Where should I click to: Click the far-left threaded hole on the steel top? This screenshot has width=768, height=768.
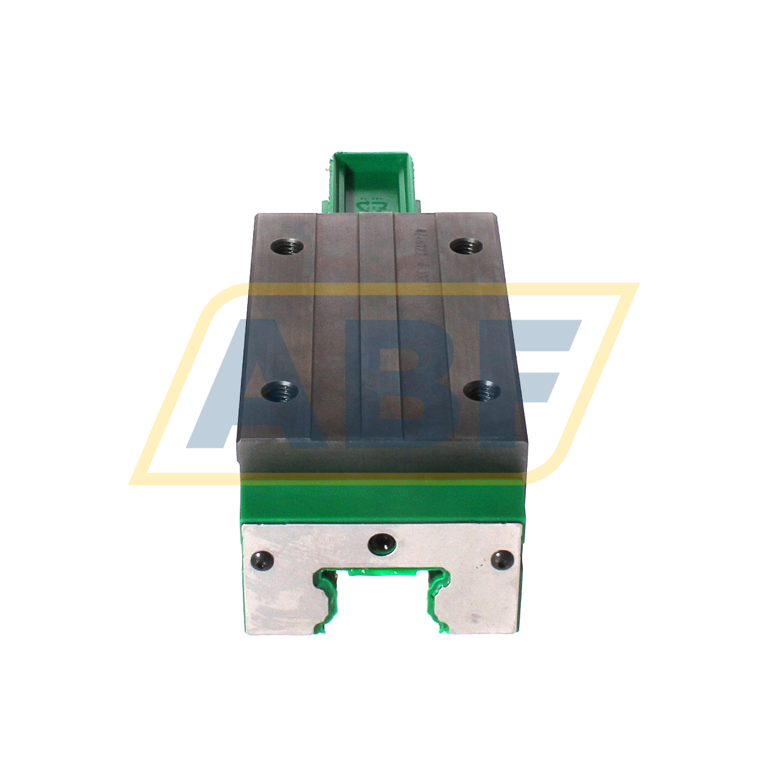point(287,247)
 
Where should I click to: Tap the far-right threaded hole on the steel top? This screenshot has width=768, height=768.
point(466,246)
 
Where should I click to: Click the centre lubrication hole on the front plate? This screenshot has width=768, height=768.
point(382,540)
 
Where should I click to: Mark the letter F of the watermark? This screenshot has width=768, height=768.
point(517,377)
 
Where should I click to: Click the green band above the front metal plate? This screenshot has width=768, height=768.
point(382,499)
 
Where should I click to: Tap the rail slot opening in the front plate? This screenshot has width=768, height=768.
point(382,609)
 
